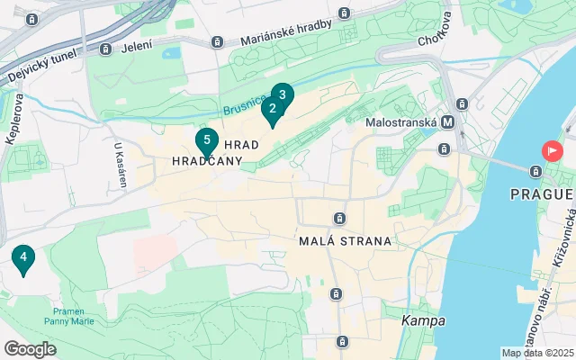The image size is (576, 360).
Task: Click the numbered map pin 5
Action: click(207, 140)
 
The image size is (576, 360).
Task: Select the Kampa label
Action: click(419, 321)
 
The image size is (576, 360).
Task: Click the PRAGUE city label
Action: click(541, 193)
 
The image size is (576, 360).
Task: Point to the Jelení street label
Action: click(136, 47)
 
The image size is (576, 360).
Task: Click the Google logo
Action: click(30, 349)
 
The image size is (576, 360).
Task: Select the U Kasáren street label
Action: click(121, 165)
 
